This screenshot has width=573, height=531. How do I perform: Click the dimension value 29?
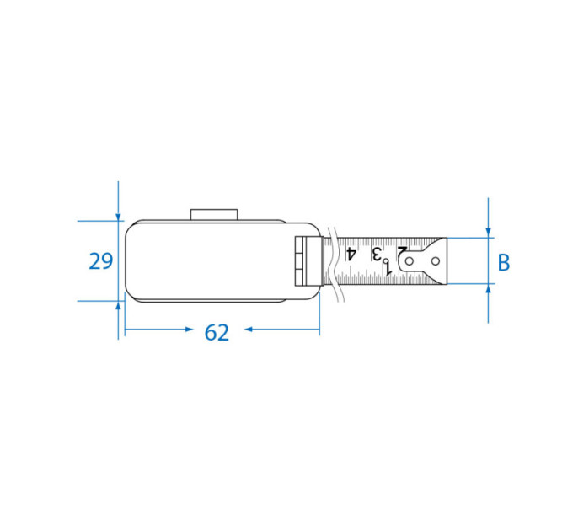pos(101,261)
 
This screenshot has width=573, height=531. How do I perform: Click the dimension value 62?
pos(217,333)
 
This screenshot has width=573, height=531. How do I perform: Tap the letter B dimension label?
pos(504,262)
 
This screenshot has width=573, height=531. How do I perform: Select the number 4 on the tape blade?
pos(351,254)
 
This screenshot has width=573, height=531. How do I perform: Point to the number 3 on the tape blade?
pos(377,253)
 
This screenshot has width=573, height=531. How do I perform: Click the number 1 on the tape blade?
pos(388,269)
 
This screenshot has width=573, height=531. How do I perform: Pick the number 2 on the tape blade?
pos(402,252)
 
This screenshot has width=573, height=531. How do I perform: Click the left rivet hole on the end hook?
pos(410,261)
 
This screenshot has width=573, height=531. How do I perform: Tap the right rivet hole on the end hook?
pos(436,261)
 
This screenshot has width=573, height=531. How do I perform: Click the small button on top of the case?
pos(214,215)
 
